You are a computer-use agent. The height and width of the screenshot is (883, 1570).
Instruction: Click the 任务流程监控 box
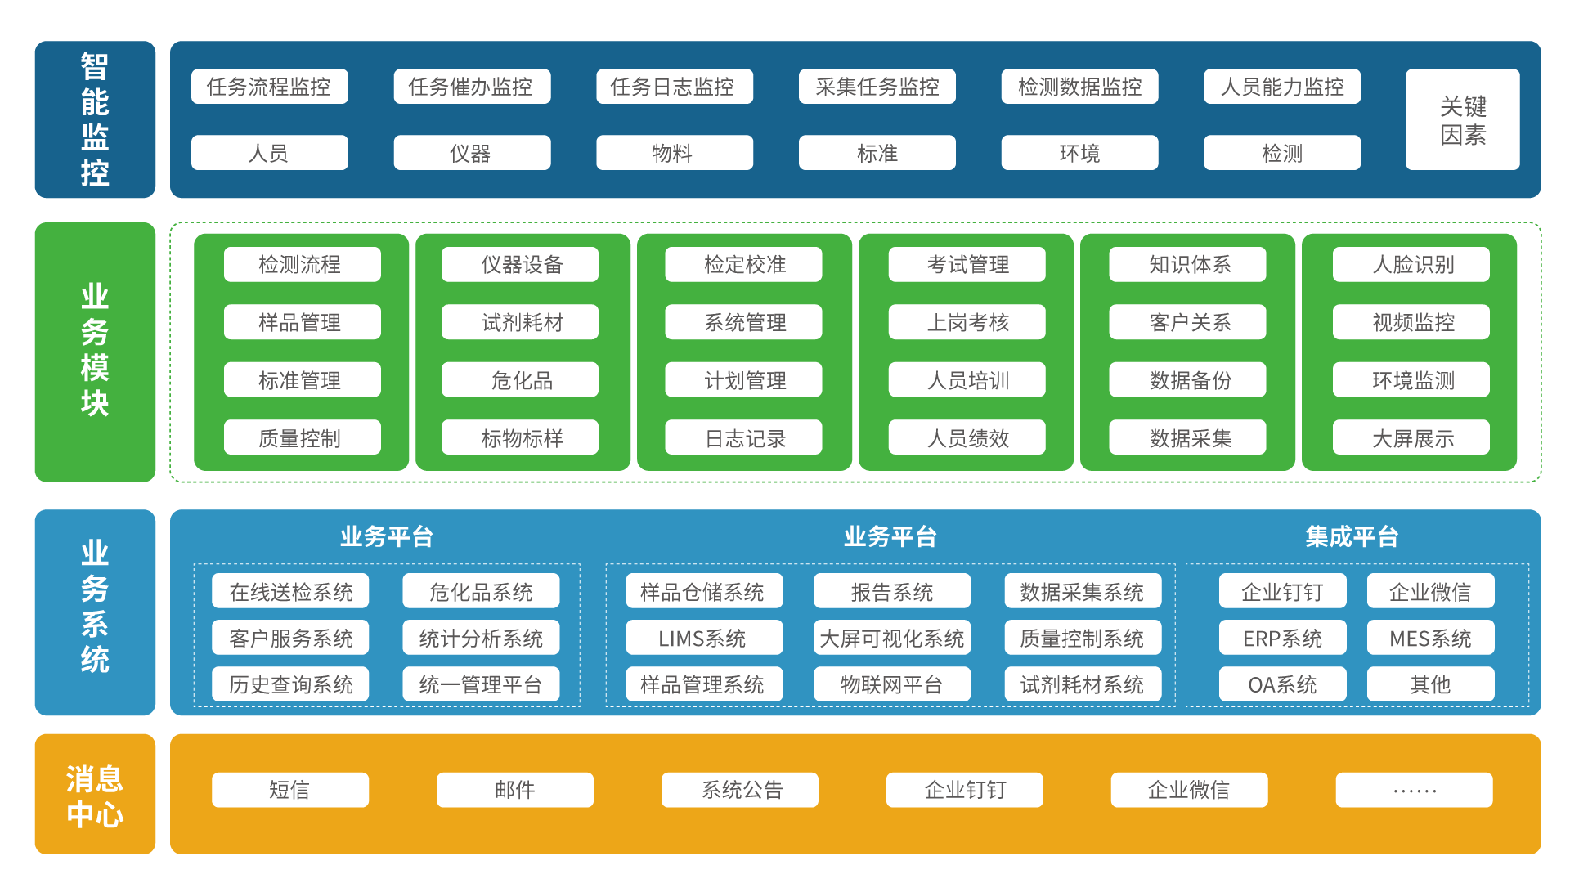(x=269, y=87)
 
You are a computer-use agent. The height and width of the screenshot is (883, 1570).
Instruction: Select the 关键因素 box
(x=1462, y=119)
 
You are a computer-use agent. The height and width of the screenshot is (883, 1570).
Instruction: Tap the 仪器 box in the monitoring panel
(x=471, y=153)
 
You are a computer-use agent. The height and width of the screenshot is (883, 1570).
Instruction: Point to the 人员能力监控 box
(x=1281, y=87)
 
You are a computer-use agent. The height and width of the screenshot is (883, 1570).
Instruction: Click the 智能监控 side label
(x=95, y=119)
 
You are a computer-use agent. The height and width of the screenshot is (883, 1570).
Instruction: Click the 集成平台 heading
(x=1351, y=536)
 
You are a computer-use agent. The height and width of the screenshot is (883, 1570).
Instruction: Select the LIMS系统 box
(x=703, y=639)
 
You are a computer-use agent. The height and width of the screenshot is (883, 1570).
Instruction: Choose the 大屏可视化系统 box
(x=891, y=639)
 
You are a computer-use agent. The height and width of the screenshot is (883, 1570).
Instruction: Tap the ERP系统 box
(x=1282, y=639)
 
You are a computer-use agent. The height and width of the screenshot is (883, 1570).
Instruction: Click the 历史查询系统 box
(x=290, y=684)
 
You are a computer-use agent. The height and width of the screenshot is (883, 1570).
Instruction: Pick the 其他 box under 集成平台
(x=1430, y=684)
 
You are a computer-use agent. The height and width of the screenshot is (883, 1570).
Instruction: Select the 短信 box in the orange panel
(x=290, y=790)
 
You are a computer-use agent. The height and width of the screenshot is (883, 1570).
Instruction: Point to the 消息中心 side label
(x=95, y=795)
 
